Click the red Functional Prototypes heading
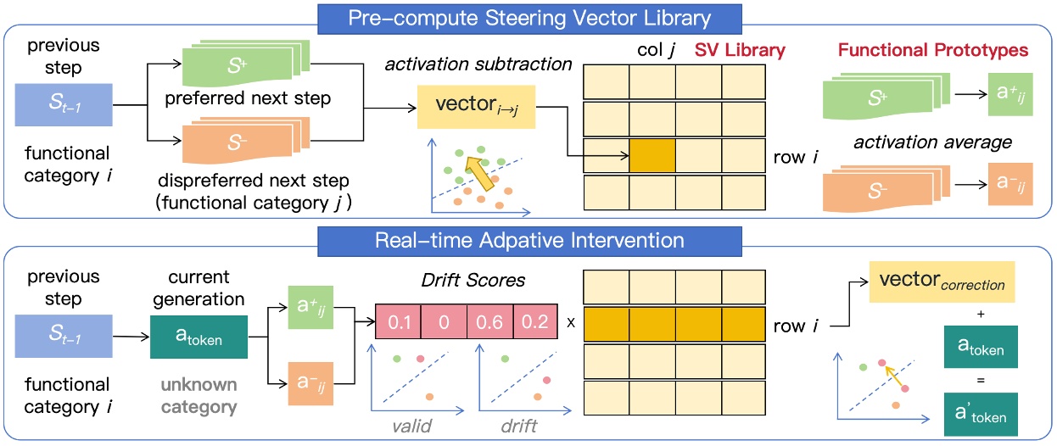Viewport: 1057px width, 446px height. click(932, 51)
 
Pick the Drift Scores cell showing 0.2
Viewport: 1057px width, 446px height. click(535, 322)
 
